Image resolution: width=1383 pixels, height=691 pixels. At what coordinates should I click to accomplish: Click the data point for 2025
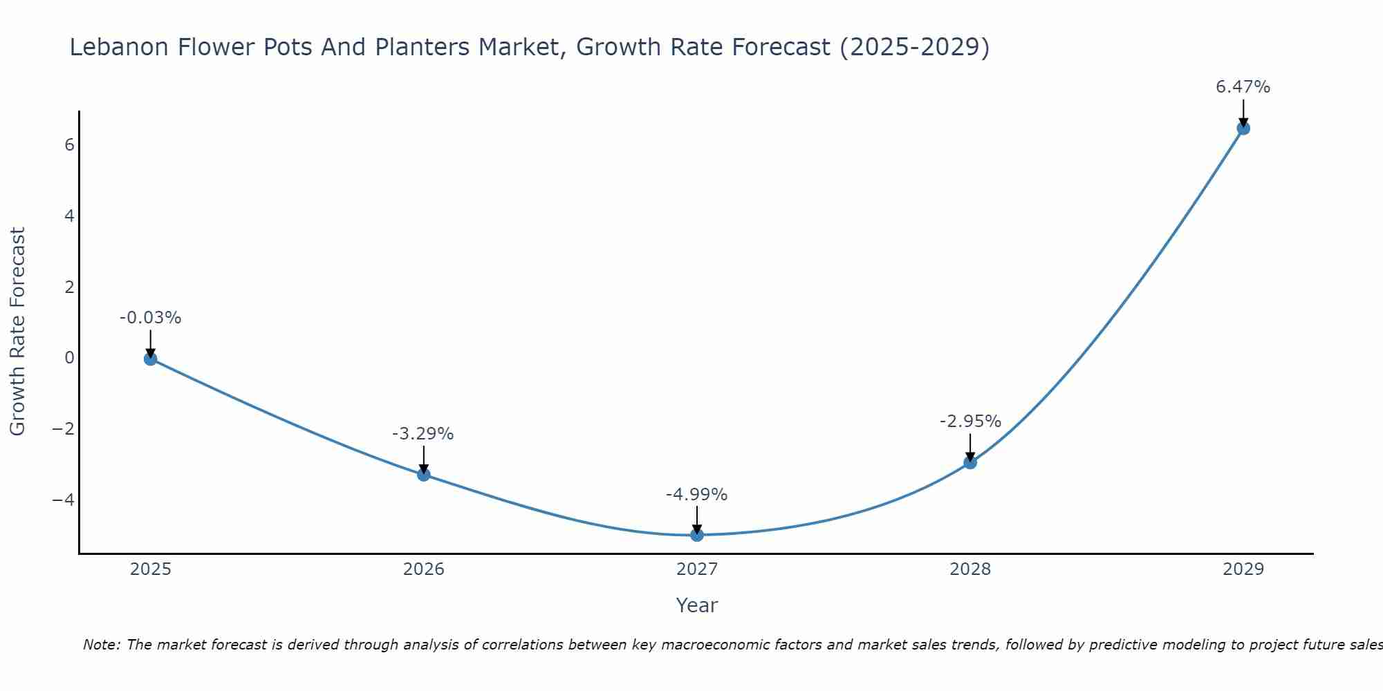pos(150,359)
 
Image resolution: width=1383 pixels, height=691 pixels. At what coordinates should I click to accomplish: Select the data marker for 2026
pos(423,474)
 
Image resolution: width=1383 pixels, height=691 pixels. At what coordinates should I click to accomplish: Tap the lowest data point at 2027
pos(696,535)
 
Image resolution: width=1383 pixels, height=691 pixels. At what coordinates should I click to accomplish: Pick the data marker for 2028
pos(969,462)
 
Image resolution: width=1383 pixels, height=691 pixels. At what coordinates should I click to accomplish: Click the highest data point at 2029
pos(1243,128)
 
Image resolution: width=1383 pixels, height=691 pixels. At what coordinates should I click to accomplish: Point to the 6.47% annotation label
pos(1243,87)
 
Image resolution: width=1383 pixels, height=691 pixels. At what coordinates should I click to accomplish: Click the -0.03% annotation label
pos(150,318)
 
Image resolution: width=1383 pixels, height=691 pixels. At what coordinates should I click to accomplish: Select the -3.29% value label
pos(423,434)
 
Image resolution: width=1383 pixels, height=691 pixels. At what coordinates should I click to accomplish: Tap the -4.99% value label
pos(696,495)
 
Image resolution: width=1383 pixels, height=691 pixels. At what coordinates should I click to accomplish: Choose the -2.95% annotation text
pos(969,422)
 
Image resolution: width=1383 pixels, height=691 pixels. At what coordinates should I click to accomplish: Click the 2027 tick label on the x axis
pos(696,569)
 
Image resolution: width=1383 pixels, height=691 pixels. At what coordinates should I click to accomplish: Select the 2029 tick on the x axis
pos(1243,569)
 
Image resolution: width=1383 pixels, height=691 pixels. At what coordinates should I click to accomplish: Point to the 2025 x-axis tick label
pos(150,569)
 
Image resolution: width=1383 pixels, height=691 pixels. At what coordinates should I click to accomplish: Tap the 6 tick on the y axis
pos(69,145)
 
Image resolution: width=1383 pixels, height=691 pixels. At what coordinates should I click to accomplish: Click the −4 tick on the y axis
pos(63,500)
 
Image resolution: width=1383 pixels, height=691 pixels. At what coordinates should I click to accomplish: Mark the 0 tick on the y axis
pos(69,358)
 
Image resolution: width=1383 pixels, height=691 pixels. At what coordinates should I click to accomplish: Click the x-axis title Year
pos(696,605)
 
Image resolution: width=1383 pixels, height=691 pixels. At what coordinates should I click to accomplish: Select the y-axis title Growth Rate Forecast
pos(17,332)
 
